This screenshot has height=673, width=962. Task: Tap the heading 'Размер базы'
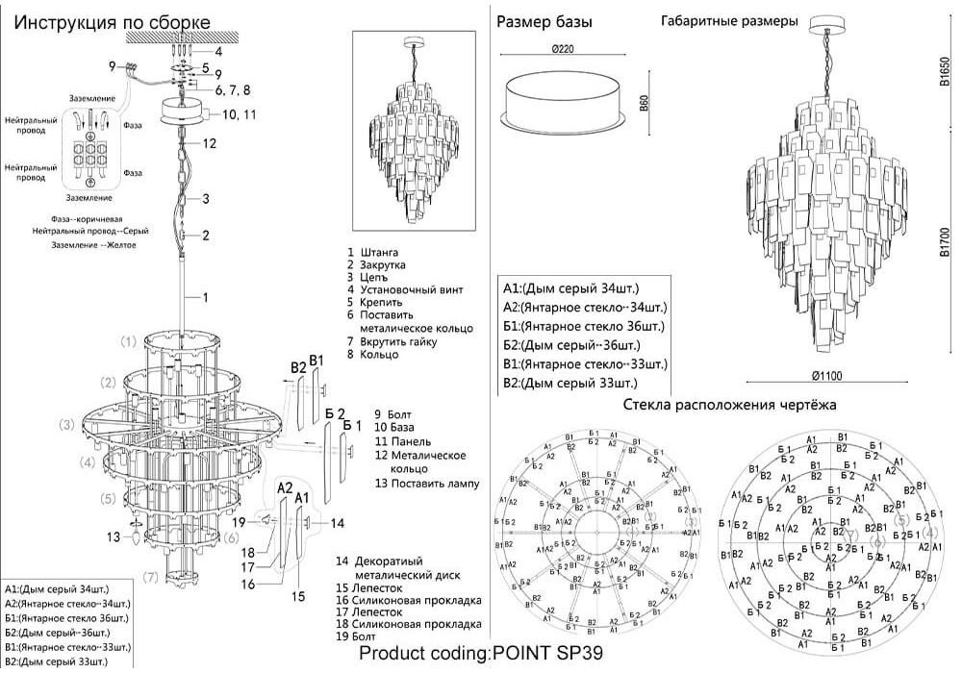(544, 22)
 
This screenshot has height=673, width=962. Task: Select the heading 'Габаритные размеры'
(729, 21)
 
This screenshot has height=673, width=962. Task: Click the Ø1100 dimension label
(828, 375)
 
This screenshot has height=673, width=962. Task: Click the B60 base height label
(644, 103)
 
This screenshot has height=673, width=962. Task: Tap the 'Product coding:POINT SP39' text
(481, 654)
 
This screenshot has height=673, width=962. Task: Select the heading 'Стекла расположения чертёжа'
(729, 405)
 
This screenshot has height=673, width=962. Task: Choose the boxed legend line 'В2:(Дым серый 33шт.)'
(570, 383)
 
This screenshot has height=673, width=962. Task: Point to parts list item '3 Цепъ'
(368, 277)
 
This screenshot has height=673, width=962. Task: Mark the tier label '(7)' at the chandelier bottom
(150, 577)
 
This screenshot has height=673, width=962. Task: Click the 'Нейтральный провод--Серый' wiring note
(90, 232)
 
